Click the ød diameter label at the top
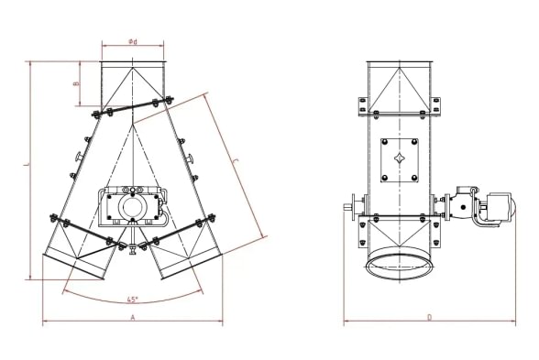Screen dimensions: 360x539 point(133,42)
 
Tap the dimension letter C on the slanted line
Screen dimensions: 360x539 point(236,162)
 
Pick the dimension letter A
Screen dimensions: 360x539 point(133,317)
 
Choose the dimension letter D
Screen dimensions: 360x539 point(429,317)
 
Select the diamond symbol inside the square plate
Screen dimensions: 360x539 point(400,158)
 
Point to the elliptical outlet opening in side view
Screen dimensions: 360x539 point(400,265)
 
